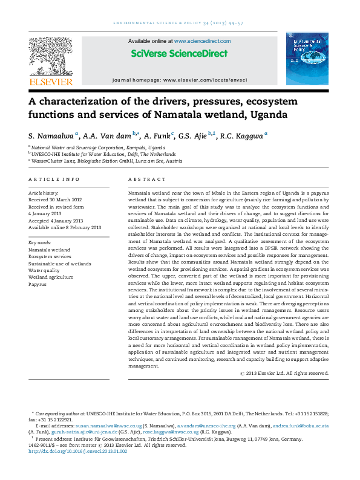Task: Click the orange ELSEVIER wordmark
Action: [50, 82]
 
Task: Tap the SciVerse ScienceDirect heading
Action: [179, 53]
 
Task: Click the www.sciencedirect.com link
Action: [202, 41]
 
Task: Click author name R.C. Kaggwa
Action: [242, 136]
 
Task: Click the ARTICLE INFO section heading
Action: [54, 180]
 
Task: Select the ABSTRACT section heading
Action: [146, 180]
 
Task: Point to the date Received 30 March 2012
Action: [55, 199]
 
